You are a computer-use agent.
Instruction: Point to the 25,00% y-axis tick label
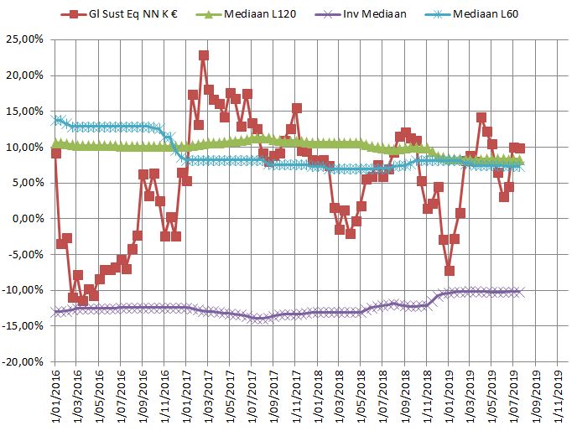point(25,39)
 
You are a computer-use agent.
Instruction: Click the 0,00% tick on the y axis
point(28,219)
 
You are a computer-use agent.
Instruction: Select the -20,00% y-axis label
point(23,362)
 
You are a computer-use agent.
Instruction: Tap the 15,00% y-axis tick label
point(25,112)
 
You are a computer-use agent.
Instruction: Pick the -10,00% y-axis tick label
point(23,291)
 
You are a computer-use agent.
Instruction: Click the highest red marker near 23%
point(204,55)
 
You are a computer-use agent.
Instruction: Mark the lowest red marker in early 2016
point(82,300)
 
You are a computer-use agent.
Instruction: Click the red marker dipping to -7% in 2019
point(450,270)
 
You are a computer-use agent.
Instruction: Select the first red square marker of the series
point(56,153)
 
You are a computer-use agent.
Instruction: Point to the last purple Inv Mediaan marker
point(520,291)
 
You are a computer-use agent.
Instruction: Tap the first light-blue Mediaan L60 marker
point(56,120)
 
